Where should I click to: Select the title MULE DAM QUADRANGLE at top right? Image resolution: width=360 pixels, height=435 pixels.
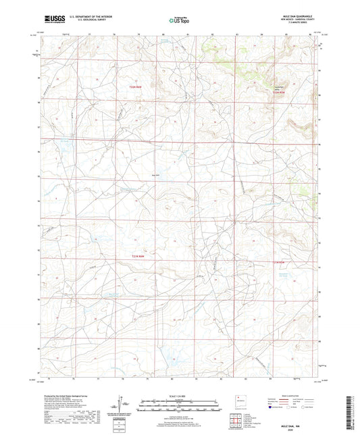(x=300, y=16)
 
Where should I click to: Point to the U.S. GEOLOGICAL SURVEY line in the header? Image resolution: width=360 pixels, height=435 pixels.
(x=85, y=22)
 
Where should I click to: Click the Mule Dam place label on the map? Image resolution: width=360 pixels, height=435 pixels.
(x=156, y=174)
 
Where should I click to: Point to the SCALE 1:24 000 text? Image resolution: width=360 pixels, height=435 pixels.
(x=180, y=396)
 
